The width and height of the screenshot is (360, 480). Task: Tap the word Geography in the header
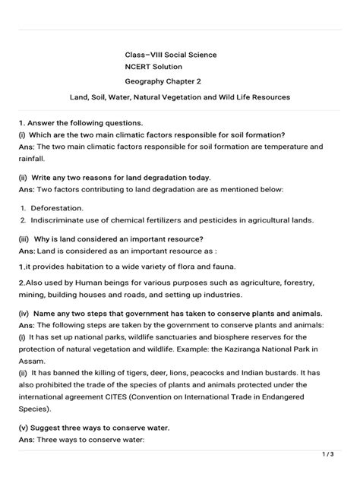[x=149, y=82]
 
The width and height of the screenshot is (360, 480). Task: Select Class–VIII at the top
[x=145, y=55]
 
